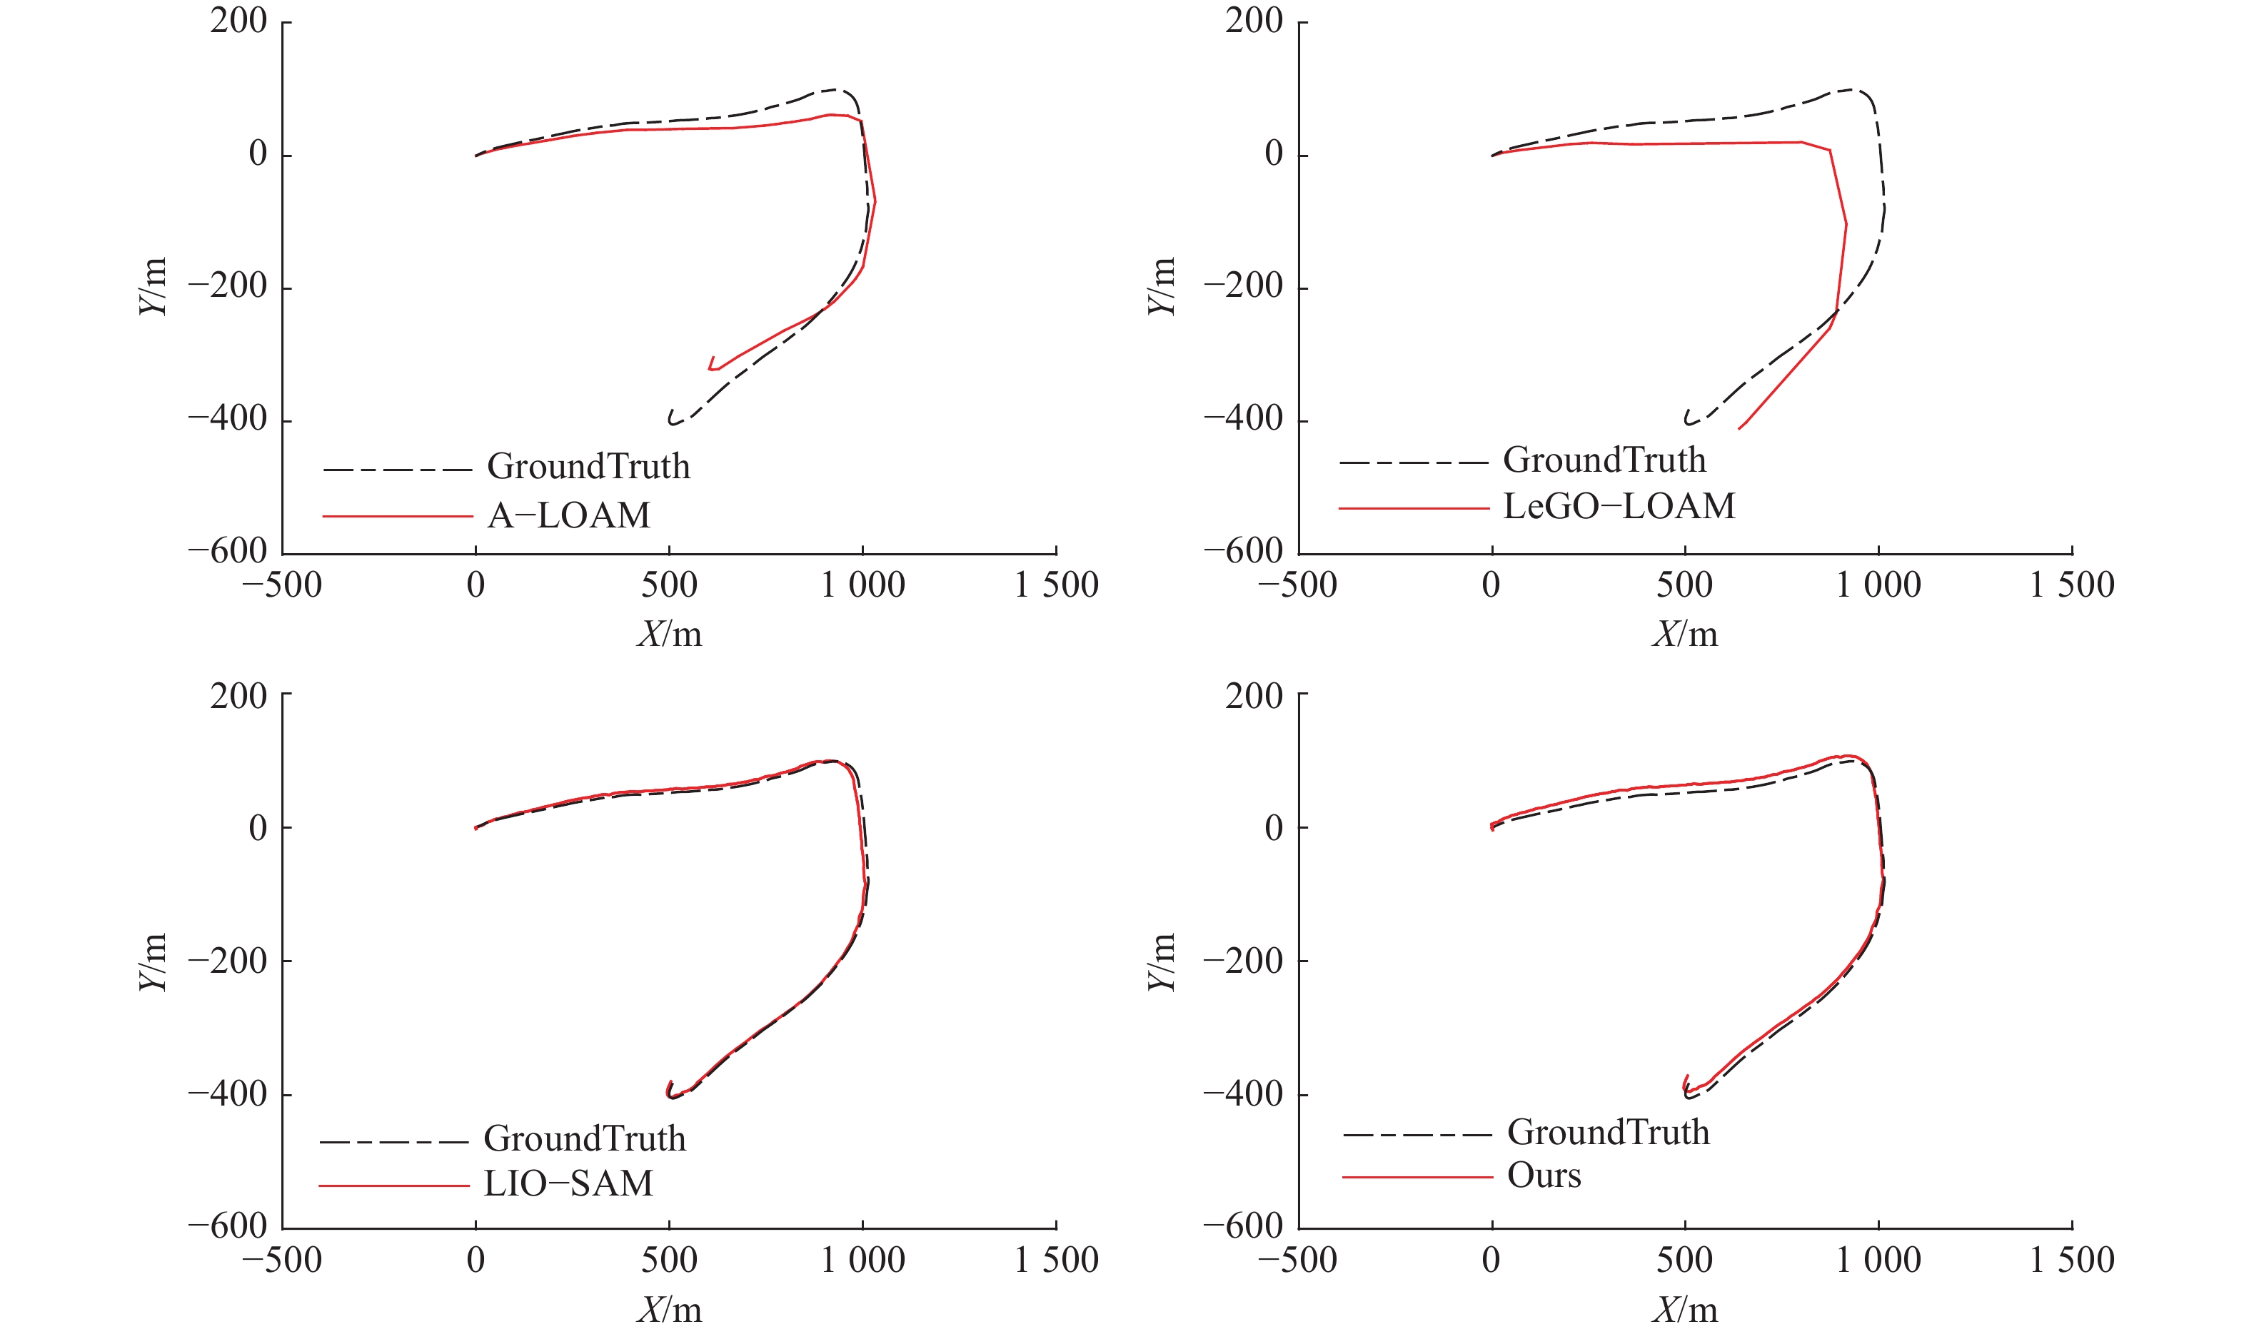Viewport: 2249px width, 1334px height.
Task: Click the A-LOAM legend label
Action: click(x=568, y=515)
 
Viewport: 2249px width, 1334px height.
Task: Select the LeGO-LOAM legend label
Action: click(x=1619, y=506)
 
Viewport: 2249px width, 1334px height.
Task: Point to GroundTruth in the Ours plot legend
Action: click(x=1608, y=1132)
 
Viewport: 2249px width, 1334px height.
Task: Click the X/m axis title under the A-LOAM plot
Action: click(x=669, y=635)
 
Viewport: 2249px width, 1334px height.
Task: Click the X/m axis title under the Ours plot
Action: click(x=1684, y=1310)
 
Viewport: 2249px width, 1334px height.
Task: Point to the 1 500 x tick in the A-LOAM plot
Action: click(x=1056, y=585)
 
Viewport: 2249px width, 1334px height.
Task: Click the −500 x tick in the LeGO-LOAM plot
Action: click(x=1297, y=585)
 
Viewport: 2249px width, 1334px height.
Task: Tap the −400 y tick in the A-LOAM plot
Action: click(x=228, y=419)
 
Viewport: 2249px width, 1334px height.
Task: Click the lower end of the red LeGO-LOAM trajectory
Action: click(x=1739, y=428)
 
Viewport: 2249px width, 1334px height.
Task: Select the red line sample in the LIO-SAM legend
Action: click(x=394, y=1186)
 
